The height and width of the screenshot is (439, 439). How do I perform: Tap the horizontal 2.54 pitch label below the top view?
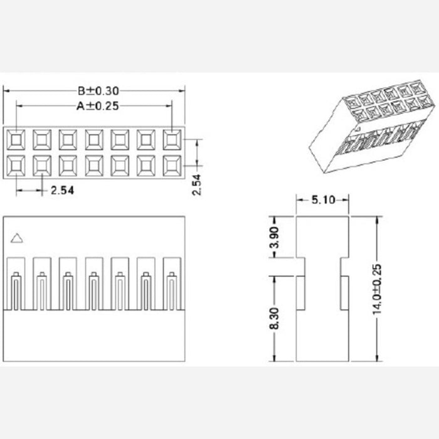point(62,191)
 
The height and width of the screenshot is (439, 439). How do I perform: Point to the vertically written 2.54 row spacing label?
point(196,184)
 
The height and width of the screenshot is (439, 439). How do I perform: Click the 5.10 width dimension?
point(322,200)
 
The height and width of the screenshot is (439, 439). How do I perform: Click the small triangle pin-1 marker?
point(18,237)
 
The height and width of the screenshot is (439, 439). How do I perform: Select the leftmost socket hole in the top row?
point(15,139)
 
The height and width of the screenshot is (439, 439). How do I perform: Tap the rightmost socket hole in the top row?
point(172,139)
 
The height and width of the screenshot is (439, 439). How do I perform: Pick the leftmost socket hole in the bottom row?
point(15,165)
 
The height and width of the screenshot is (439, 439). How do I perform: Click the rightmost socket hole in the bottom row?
point(172,165)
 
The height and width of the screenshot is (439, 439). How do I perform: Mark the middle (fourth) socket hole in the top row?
point(93,139)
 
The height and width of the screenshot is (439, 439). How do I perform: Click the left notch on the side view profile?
point(300,267)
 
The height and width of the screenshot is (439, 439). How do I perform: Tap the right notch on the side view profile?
point(345,267)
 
